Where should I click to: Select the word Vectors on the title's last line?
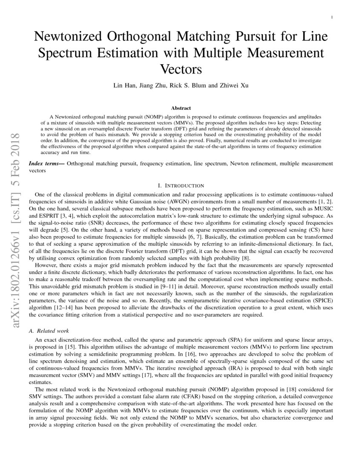click(181, 68)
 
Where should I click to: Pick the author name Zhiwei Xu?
click(233, 86)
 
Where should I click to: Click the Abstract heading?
click(181, 108)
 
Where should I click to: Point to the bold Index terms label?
click(46, 163)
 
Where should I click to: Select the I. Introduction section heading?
click(181, 185)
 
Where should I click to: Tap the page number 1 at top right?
click(331, 17)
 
